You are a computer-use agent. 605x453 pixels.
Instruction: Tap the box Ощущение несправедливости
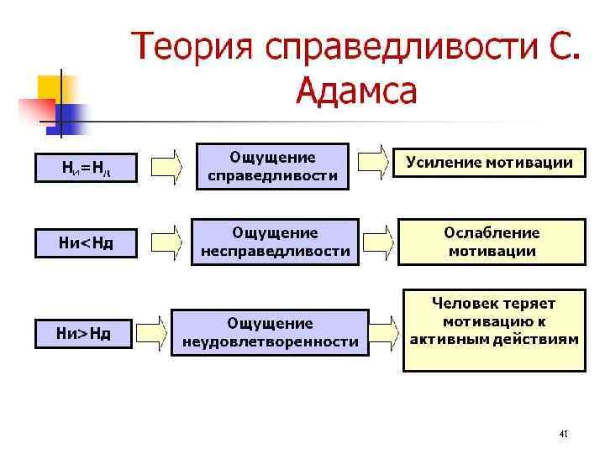[x=276, y=242]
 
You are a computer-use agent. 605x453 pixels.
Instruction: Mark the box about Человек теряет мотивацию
[x=493, y=330]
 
